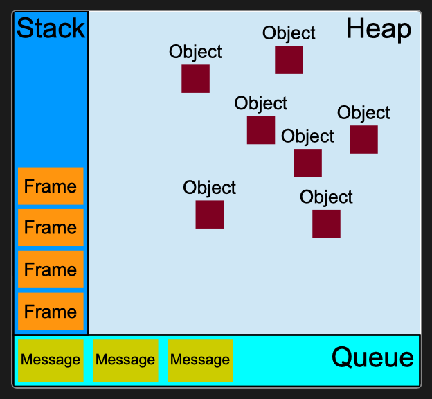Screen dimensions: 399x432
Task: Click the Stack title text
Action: (x=51, y=29)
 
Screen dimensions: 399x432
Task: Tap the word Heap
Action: (x=379, y=29)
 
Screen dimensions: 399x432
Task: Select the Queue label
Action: (x=372, y=358)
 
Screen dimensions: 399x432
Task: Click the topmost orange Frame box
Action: (x=51, y=186)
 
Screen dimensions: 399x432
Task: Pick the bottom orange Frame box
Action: (x=51, y=312)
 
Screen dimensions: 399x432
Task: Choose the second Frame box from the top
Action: (x=51, y=228)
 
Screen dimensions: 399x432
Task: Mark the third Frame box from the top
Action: (x=51, y=269)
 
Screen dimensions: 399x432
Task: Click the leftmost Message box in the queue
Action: (x=51, y=360)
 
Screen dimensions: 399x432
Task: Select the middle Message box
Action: (x=125, y=360)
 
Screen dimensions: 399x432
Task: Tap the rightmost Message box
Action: (x=200, y=360)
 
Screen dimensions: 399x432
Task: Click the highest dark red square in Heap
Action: (x=289, y=60)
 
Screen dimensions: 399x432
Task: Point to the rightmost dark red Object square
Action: (x=363, y=139)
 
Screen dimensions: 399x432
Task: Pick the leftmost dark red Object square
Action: (x=195, y=78)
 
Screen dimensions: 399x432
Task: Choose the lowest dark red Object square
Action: (x=326, y=224)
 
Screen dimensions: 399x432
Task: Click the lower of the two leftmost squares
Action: (x=209, y=214)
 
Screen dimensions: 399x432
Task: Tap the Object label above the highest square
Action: (x=289, y=33)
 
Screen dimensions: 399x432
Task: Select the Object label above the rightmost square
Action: (x=363, y=113)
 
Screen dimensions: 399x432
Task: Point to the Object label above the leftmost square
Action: (x=195, y=52)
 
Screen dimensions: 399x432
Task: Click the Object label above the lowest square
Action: (x=326, y=197)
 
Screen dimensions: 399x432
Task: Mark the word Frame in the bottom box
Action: (x=51, y=312)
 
